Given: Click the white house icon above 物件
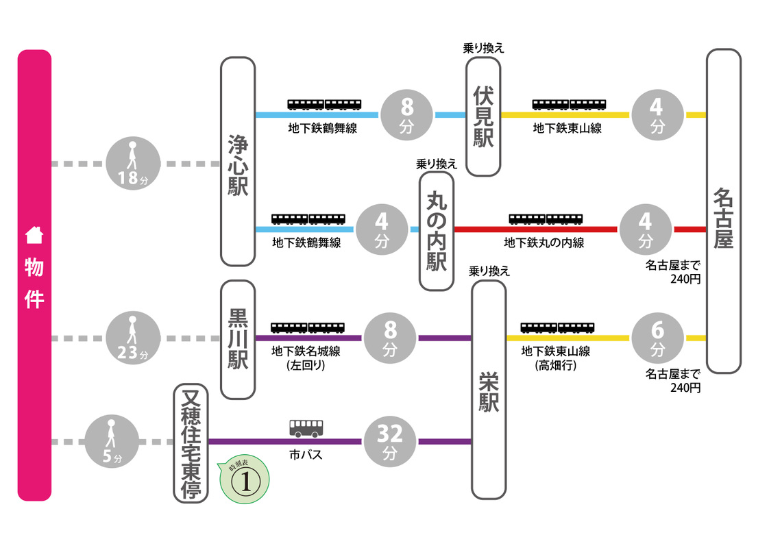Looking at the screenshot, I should pos(34,235).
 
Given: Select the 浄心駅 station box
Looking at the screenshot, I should pos(238,162).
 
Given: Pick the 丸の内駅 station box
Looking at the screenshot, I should pos(436,231).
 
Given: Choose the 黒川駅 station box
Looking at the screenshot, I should pos(238,338).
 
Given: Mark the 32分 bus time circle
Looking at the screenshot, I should pos(390,442).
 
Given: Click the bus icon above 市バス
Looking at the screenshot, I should pos(306,429).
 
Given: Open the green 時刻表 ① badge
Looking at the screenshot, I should pos(244,480).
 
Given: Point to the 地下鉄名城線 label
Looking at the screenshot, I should pos(306,352).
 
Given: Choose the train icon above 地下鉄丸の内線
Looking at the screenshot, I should pos(546,219).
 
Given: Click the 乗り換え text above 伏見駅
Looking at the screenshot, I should pos(484,48).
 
